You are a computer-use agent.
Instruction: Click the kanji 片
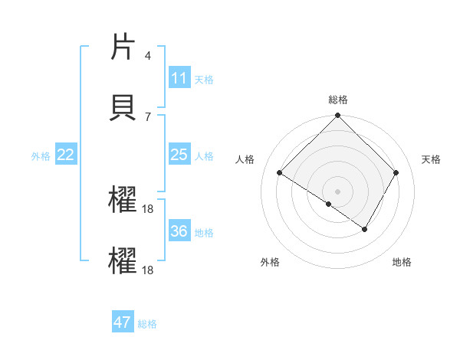pos(123,47)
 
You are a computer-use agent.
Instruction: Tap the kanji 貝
pos(123,106)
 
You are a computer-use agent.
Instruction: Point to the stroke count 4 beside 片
pos(147,55)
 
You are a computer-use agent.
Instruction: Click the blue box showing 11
pos(179,78)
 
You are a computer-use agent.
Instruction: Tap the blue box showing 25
pos(179,155)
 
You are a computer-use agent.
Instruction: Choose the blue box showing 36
pos(179,231)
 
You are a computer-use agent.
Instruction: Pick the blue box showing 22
pos(65,155)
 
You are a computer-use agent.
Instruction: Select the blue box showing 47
pos(123,322)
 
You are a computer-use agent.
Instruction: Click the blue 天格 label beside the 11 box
pos(204,79)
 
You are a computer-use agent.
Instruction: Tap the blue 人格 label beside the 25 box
pos(204,155)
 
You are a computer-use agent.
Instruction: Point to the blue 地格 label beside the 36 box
pos(204,232)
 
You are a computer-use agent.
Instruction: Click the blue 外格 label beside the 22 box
pos(41,155)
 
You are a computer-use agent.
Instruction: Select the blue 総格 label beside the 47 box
pos(147,323)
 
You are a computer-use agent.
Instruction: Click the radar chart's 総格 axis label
pos(338,100)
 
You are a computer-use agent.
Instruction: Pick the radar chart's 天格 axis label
pos(432,159)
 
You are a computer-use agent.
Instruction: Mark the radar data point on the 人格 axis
pos(280,173)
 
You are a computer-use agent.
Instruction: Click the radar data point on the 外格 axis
pos(329,204)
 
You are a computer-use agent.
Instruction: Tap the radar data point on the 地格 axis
pos(365,228)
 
